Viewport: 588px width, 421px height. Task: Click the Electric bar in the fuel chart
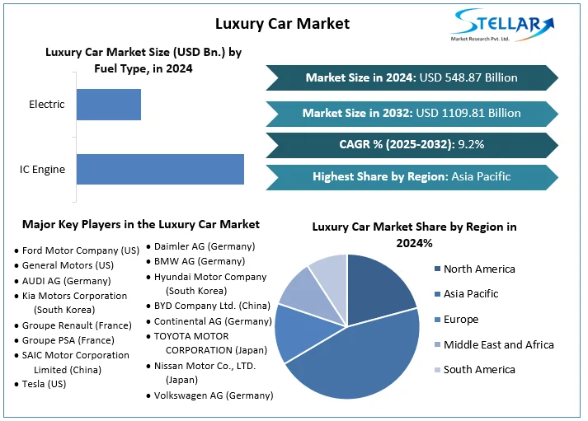tap(109, 105)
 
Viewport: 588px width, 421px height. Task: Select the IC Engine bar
tap(160, 169)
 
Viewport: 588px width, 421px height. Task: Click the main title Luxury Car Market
tap(282, 23)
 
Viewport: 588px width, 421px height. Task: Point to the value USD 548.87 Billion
tap(468, 77)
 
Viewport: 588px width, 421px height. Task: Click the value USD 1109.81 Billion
tap(470, 113)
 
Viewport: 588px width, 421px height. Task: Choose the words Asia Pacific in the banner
tap(482, 176)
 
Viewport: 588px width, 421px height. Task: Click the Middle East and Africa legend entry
tap(498, 344)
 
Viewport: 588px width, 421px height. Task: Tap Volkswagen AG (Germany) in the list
tap(214, 395)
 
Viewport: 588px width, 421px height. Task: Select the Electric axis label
tap(46, 105)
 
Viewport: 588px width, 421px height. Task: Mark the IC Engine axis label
tap(43, 170)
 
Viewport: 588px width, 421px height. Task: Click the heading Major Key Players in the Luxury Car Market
tap(141, 224)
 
